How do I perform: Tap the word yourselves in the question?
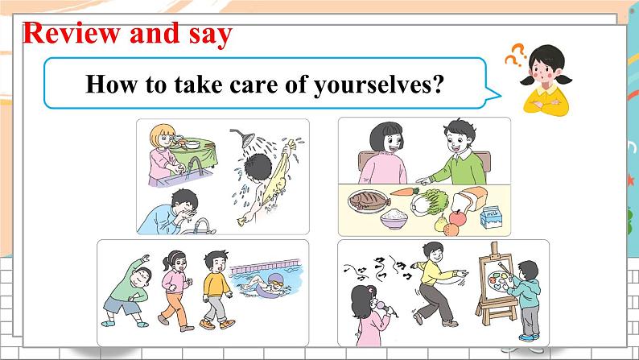tap(378, 85)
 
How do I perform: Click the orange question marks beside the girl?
tap(516, 55)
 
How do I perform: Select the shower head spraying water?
tap(244, 138)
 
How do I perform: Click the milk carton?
tap(491, 217)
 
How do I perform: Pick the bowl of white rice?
tap(394, 218)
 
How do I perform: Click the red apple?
tap(457, 218)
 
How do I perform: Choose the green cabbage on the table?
tap(431, 202)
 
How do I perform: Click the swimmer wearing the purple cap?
tap(265, 283)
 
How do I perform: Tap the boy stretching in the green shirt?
tap(127, 291)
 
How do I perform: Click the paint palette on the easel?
tap(499, 281)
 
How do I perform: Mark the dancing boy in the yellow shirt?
tap(436, 284)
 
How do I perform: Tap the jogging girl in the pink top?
tap(175, 290)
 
